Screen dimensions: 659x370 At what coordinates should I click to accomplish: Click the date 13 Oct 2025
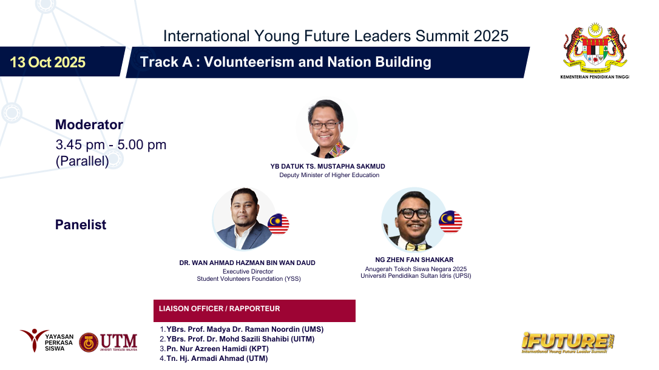pyautogui.click(x=47, y=62)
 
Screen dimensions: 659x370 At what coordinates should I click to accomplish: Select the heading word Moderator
pyautogui.click(x=89, y=125)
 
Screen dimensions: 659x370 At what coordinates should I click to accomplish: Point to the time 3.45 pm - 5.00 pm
pyautogui.click(x=111, y=144)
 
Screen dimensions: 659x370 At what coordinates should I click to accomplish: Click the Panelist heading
pyautogui.click(x=81, y=224)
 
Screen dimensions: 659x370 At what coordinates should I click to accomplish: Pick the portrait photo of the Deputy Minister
pyautogui.click(x=327, y=129)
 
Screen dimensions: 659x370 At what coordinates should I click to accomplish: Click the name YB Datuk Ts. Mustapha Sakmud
pyautogui.click(x=328, y=166)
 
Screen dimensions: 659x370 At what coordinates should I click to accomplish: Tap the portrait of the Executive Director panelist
pyautogui.click(x=245, y=219)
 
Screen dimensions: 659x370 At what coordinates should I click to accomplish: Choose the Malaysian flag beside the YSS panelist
pyautogui.click(x=279, y=224)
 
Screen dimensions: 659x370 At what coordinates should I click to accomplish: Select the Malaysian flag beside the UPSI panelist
pyautogui.click(x=450, y=222)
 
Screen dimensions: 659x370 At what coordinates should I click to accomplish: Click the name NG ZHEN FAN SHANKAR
pyautogui.click(x=414, y=260)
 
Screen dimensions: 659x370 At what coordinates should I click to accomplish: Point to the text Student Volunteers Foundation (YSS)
pyautogui.click(x=249, y=279)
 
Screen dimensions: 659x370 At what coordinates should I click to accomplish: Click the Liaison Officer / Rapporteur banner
pyautogui.click(x=254, y=311)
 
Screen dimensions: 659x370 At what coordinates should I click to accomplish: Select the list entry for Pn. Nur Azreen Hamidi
pyautogui.click(x=214, y=349)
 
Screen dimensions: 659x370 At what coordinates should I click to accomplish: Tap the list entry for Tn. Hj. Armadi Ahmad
pyautogui.click(x=214, y=358)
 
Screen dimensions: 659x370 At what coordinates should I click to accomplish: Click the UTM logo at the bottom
pyautogui.click(x=108, y=342)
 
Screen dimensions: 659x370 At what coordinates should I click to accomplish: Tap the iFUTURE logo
pyautogui.click(x=568, y=343)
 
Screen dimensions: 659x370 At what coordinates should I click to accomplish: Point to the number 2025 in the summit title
pyautogui.click(x=491, y=36)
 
